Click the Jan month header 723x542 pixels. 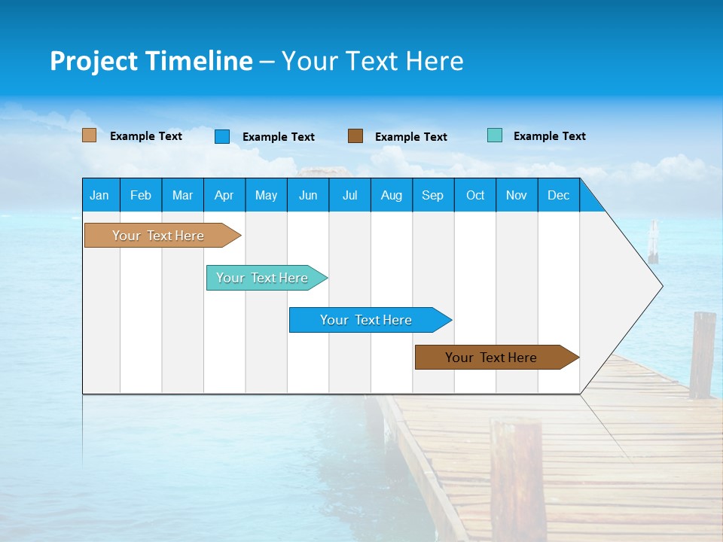click(x=99, y=195)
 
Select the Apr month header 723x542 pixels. click(x=224, y=195)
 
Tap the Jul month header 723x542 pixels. click(x=349, y=195)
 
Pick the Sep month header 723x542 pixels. click(x=432, y=195)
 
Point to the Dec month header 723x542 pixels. click(x=558, y=195)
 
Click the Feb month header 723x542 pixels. click(x=141, y=195)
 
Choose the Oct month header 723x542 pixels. click(x=475, y=195)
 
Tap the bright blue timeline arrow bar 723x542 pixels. click(x=367, y=320)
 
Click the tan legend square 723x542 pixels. click(x=89, y=135)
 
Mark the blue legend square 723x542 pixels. click(x=222, y=136)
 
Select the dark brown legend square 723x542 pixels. click(x=355, y=136)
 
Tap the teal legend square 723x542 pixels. click(x=495, y=135)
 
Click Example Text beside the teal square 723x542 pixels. click(x=549, y=136)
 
